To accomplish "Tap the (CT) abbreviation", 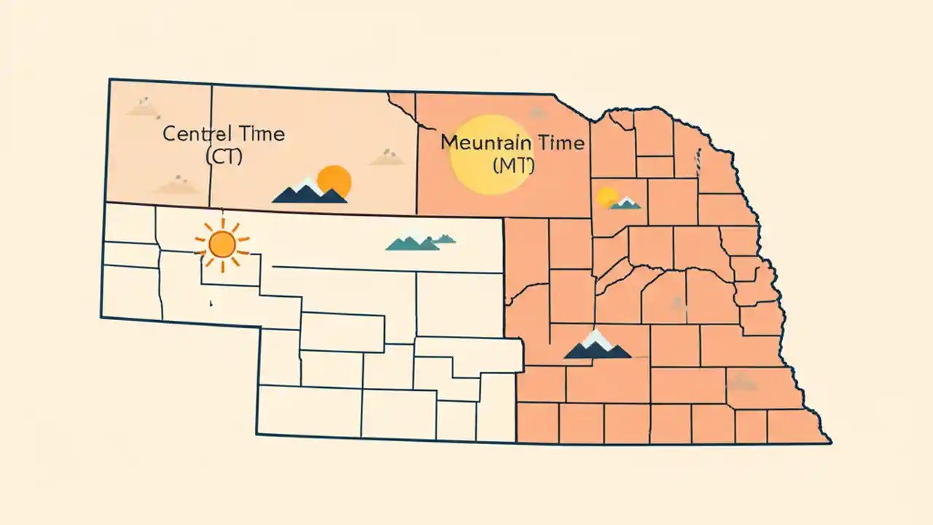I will [x=224, y=156].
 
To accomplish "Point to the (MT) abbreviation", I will [x=514, y=166].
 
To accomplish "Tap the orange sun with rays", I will [x=222, y=244].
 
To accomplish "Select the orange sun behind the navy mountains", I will [x=335, y=180].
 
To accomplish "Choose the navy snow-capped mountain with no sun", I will [x=597, y=346].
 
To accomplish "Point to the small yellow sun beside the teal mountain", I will [x=606, y=197].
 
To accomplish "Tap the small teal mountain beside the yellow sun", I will [x=625, y=203].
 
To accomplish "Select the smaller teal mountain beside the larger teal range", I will [x=442, y=238].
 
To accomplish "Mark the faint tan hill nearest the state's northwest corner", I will [x=142, y=107].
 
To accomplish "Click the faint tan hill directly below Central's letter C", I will [x=177, y=185].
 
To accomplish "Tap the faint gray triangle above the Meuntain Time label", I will [x=538, y=112].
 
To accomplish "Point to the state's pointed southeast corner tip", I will [x=829, y=442].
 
